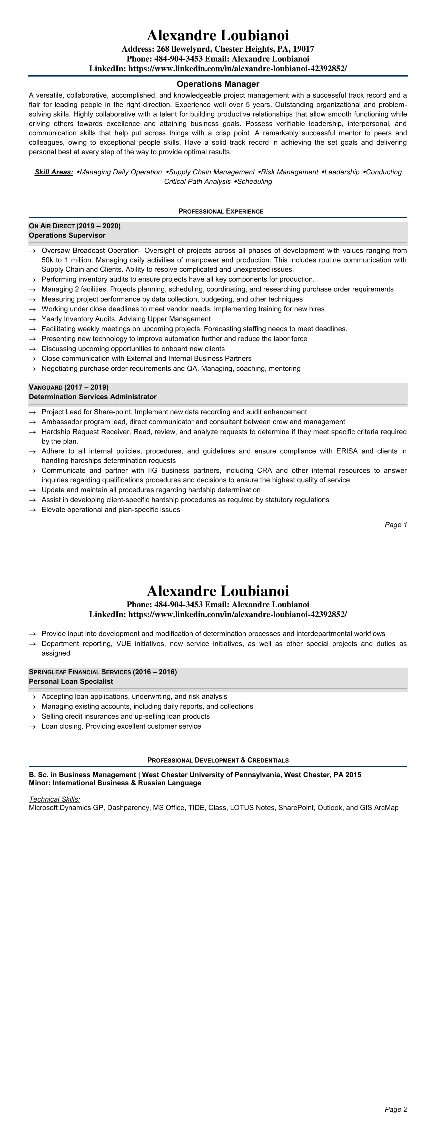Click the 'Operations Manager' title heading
pyautogui.click(x=218, y=84)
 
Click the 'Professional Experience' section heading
pyautogui.click(x=221, y=211)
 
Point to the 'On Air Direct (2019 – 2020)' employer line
pyautogui.click(x=74, y=226)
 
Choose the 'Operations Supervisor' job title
pyautogui.click(x=67, y=236)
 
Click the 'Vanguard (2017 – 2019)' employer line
pyautogui.click(x=68, y=387)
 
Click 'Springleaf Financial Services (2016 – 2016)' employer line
pyautogui.click(x=103, y=672)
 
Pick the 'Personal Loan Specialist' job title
pyautogui.click(x=71, y=682)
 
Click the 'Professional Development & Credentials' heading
pyautogui.click(x=218, y=760)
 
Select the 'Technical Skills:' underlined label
pyautogui.click(x=54, y=799)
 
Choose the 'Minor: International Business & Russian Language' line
pyautogui.click(x=115, y=783)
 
